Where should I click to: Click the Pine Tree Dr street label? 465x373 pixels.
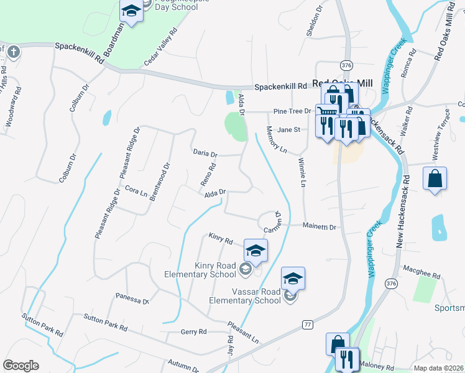[292, 111]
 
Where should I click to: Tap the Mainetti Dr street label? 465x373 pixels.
[320, 228]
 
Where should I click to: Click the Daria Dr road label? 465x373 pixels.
[205, 154]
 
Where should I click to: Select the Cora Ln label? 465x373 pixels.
[136, 191]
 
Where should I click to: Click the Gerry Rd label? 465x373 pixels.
[193, 332]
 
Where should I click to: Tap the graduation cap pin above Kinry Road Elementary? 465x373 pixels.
[255, 250]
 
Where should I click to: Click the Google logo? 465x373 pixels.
[21, 366]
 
